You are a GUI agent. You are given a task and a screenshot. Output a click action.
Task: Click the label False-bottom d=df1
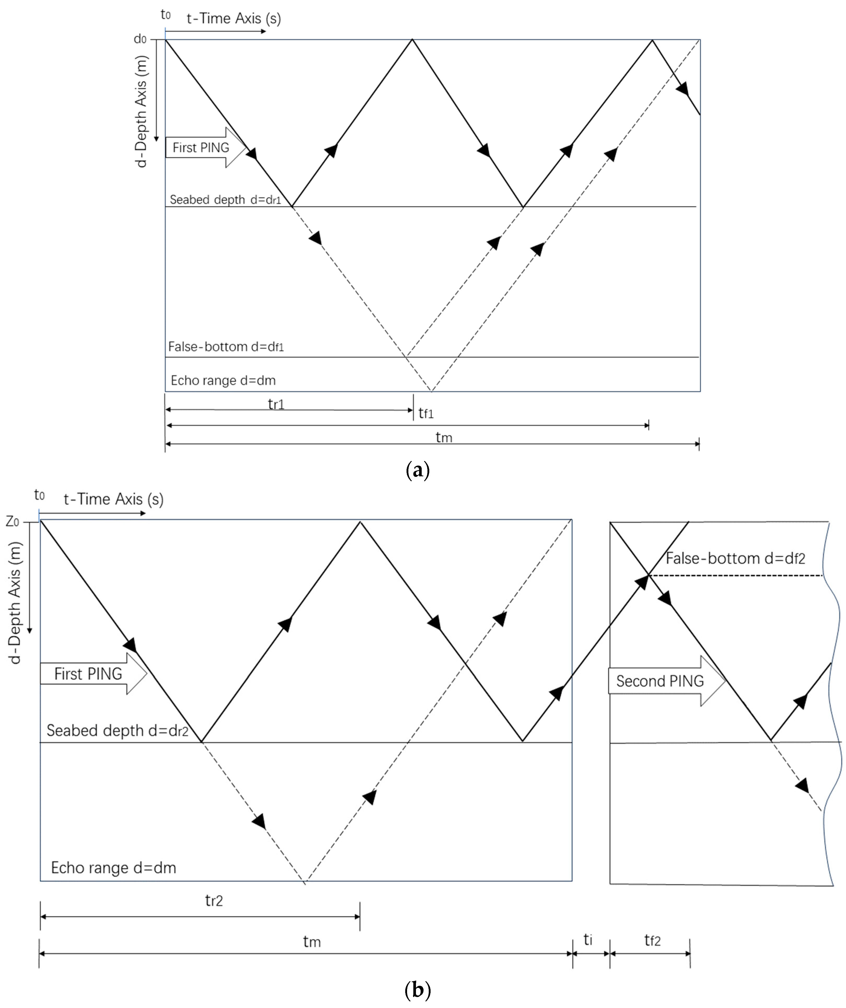click(x=225, y=346)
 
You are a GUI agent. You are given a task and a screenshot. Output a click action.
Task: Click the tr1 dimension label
click(x=276, y=404)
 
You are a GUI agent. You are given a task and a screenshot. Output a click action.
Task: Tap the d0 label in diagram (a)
click(x=140, y=39)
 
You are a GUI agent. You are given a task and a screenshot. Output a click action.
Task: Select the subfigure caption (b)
click(x=418, y=990)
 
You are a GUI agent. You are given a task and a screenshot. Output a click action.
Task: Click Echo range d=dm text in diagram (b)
click(x=113, y=868)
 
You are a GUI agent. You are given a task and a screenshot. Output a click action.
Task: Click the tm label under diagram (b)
click(x=312, y=942)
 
